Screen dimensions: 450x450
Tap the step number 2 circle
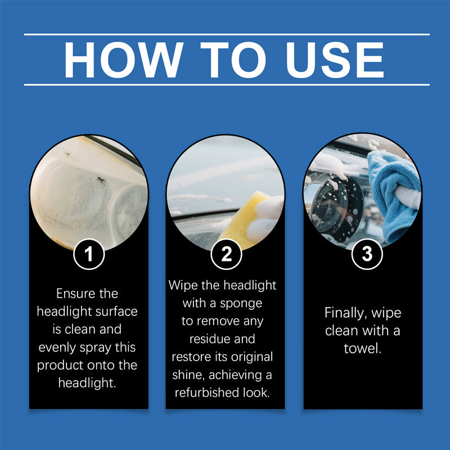(x=226, y=254)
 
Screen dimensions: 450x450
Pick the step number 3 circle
(x=366, y=254)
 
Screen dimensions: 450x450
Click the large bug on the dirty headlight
(x=101, y=180)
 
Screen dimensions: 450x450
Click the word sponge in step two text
(x=244, y=303)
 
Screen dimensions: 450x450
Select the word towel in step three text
(x=362, y=349)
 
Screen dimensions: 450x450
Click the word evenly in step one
(x=58, y=347)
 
